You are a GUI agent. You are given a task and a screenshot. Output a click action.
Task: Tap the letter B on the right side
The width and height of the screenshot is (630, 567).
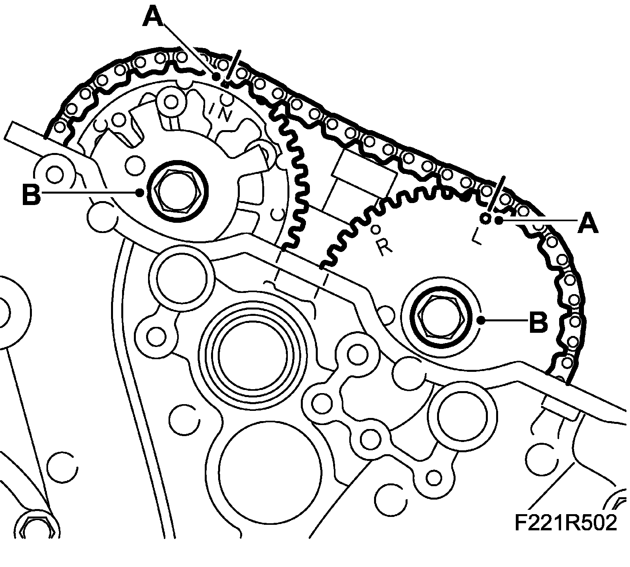(538, 321)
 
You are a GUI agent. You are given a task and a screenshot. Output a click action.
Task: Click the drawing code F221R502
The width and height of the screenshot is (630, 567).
(565, 523)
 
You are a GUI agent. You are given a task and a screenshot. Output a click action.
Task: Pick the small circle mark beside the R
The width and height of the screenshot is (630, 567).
(376, 229)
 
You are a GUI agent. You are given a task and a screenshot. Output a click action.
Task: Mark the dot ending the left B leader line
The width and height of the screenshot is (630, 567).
(140, 193)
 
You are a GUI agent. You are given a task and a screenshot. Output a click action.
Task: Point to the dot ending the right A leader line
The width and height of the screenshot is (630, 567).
(499, 220)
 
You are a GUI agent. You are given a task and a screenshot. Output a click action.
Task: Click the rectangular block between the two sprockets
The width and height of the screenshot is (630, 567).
(364, 169)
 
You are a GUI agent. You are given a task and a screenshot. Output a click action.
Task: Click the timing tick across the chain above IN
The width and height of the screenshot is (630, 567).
(233, 65)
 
